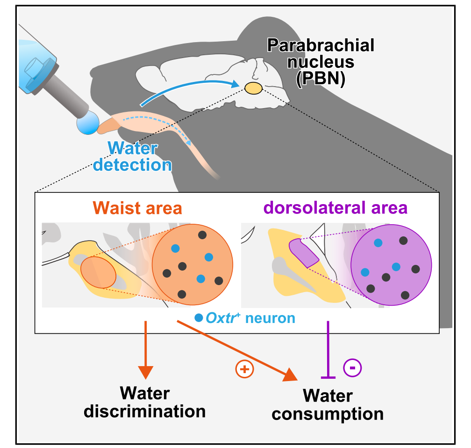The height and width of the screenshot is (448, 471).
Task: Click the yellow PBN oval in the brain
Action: click(x=253, y=88)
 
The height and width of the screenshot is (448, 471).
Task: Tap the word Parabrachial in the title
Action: click(x=321, y=45)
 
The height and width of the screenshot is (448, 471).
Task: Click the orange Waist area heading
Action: click(x=137, y=208)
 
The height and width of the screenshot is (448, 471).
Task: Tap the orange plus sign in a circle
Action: click(x=244, y=369)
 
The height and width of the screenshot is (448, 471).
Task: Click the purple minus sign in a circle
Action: click(x=353, y=368)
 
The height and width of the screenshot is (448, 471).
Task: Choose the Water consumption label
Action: click(x=328, y=405)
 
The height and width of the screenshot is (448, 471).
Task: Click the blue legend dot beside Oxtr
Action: click(x=199, y=318)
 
